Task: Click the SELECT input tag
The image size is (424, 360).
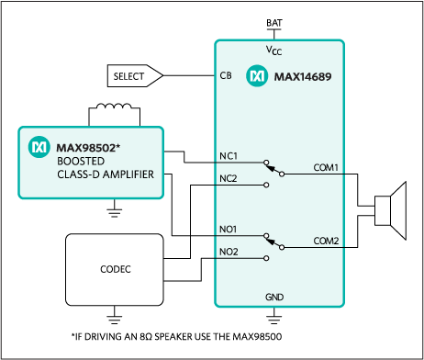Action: [135, 75]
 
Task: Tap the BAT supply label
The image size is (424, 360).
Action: [274, 23]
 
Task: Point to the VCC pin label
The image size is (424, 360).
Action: [273, 51]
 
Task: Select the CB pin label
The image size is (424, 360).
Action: [226, 75]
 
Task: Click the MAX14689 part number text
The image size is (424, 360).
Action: [303, 76]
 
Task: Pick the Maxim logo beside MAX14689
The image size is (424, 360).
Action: [257, 76]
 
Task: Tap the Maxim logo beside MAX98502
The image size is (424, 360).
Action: [39, 147]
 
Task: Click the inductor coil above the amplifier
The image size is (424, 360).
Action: [114, 107]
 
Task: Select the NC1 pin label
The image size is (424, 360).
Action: [229, 156]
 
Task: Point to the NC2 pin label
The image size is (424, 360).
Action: [229, 178]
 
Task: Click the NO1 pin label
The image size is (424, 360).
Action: [229, 230]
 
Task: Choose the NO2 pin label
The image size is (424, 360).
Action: [229, 252]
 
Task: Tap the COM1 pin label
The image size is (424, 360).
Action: [326, 168]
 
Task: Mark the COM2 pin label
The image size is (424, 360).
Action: [326, 241]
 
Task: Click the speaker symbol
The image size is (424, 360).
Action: [391, 211]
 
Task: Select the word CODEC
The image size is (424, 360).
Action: [116, 269]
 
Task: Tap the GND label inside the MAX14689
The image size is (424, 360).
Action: [274, 297]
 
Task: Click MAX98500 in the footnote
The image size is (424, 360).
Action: [257, 337]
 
